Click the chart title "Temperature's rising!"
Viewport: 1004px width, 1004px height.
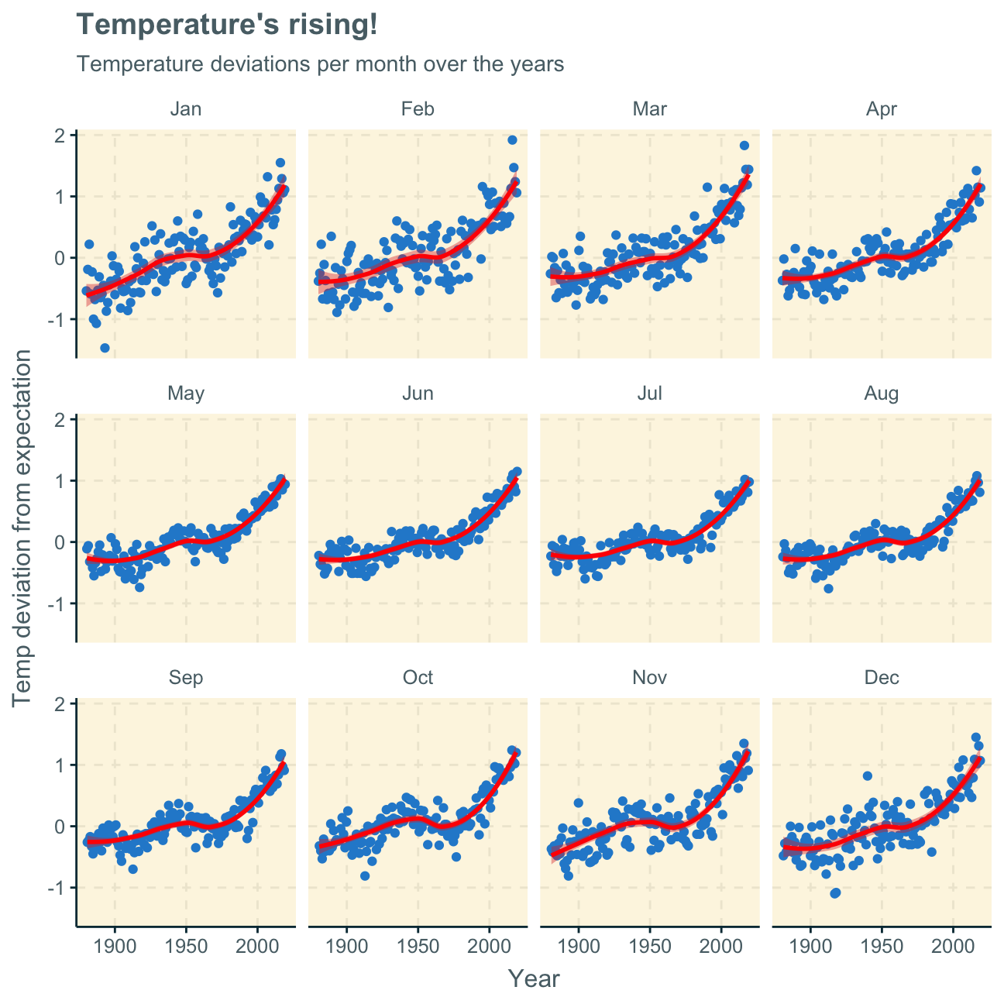pos(227,25)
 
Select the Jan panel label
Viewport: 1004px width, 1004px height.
pos(186,109)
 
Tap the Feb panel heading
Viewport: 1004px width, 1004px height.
pos(418,109)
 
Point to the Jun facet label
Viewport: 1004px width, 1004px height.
pos(418,394)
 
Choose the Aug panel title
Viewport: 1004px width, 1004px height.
pos(882,394)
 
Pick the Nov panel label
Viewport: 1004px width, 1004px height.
pos(649,678)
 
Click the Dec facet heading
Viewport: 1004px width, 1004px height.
pos(882,678)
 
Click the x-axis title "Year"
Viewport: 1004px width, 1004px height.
pos(534,979)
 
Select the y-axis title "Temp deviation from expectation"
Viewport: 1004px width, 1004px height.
pos(23,528)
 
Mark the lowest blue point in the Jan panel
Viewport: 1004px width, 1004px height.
pos(105,348)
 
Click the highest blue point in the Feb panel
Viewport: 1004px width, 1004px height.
pos(512,139)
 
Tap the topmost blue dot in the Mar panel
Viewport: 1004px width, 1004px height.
pos(744,145)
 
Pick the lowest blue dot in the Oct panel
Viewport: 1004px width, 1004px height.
pos(365,875)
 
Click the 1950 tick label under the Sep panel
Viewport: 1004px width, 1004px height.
pos(186,946)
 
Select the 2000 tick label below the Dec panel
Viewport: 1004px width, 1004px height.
pos(953,946)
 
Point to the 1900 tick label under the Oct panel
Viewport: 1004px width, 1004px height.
pos(346,946)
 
